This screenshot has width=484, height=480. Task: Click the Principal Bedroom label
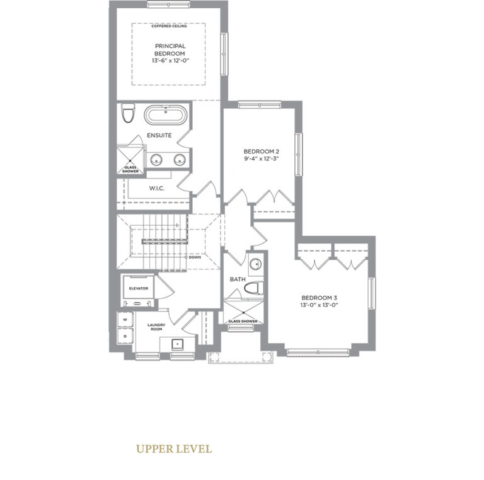pos(168,50)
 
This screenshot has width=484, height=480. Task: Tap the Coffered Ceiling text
pos(168,26)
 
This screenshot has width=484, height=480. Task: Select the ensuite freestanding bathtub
pos(166,117)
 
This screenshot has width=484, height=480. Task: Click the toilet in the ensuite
pos(129,114)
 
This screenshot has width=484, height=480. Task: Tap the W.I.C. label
pos(158,188)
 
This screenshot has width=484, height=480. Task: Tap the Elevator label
pos(138,288)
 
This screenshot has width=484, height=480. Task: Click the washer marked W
pos(125,320)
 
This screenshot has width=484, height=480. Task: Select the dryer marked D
pos(125,336)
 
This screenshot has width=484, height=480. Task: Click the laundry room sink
pos(177,344)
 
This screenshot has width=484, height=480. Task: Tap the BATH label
pos(238,279)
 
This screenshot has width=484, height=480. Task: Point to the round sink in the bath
pos(256,265)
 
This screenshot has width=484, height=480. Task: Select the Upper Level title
pos(173,449)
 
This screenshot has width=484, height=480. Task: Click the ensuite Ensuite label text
pos(159,135)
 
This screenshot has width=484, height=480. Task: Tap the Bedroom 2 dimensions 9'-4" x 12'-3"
pos(262,160)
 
